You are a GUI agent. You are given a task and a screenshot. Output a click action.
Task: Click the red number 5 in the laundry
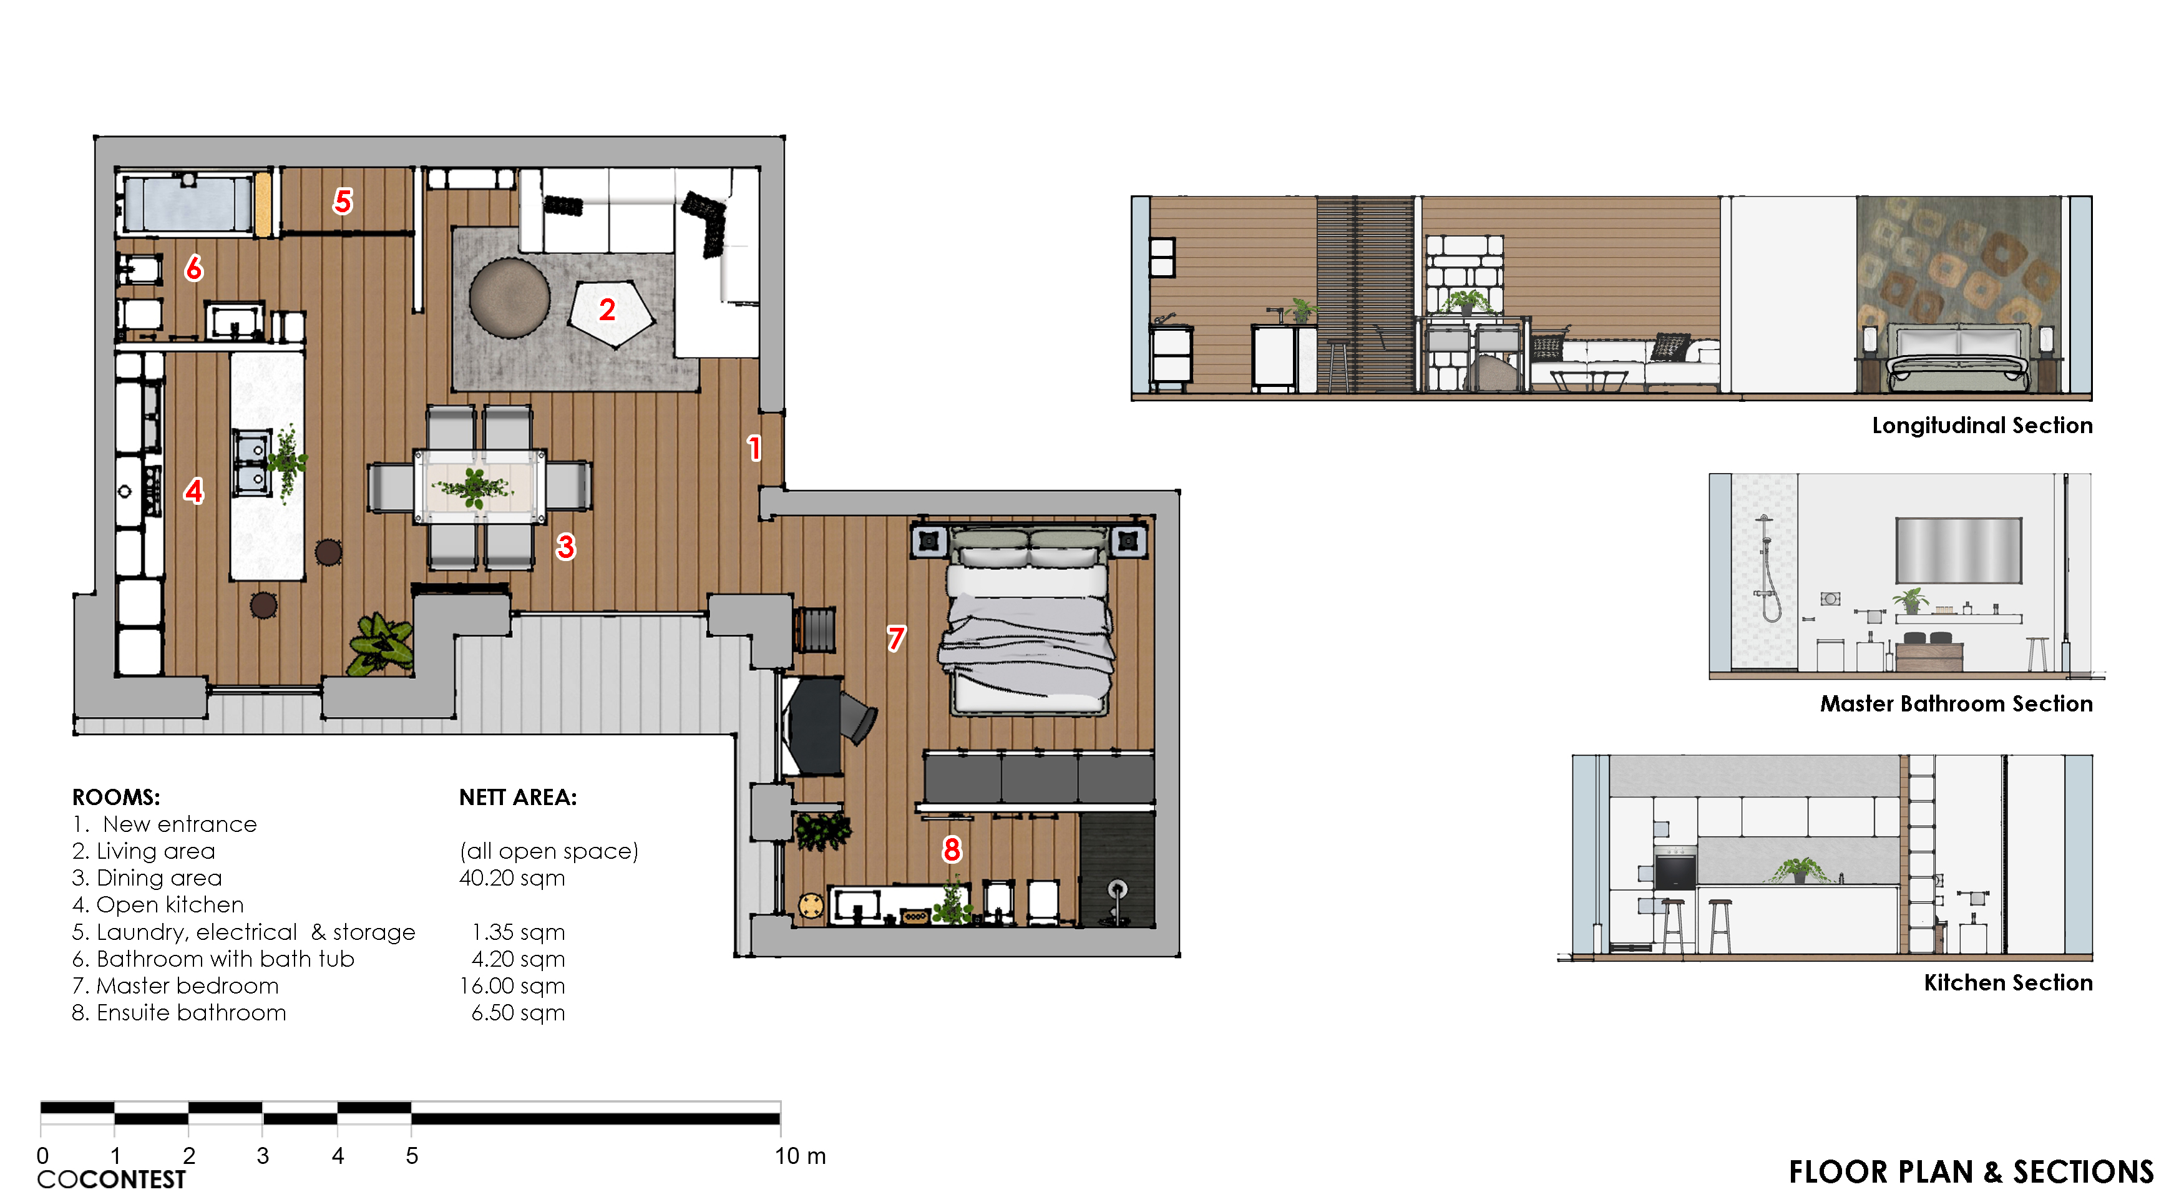[343, 201]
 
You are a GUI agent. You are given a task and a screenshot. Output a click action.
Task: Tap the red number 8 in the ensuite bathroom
[952, 849]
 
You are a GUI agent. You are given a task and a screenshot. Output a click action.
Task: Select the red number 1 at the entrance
[754, 447]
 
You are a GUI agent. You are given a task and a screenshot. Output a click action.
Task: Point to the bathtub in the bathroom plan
[188, 203]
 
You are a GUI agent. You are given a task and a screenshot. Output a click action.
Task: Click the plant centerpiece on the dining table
[474, 487]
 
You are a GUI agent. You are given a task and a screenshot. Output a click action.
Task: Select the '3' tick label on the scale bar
[263, 1155]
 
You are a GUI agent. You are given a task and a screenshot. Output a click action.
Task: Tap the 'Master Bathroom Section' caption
[1956, 703]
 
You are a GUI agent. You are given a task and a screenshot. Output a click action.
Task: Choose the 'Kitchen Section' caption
[2007, 982]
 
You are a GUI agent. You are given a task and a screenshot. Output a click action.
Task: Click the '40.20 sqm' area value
[512, 877]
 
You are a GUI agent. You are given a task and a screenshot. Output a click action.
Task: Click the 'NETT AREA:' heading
[518, 797]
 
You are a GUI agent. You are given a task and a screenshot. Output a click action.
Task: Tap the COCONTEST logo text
[111, 1179]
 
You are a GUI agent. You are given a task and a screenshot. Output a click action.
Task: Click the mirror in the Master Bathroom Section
[1959, 550]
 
